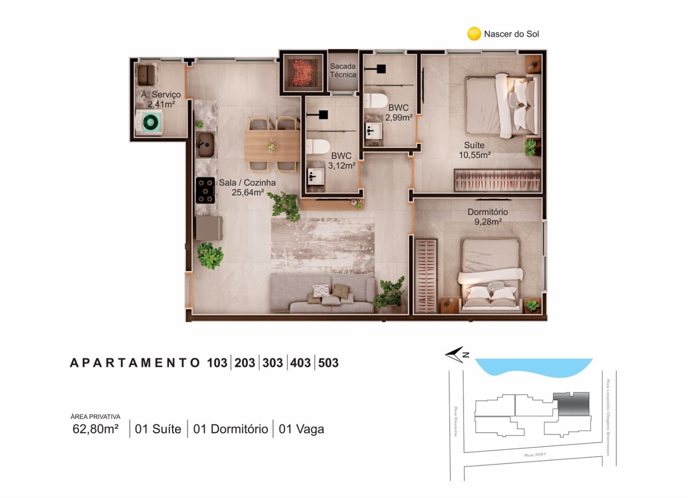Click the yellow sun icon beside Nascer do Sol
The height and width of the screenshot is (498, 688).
pos(474,33)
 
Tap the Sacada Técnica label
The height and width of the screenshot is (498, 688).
pos(343,70)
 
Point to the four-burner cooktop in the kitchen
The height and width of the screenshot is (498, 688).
pos(205,190)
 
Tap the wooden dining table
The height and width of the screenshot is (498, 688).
pos(272,146)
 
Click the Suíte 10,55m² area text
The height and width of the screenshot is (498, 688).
pos(475,150)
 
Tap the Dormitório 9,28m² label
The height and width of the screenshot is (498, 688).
pos(487,217)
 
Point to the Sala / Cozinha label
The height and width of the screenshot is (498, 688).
pos(247,187)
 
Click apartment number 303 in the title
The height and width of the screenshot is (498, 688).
pos(272,363)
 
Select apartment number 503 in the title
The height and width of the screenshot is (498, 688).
pos(328,363)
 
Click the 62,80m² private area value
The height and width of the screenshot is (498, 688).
pos(95,429)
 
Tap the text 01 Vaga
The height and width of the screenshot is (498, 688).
pos(301,429)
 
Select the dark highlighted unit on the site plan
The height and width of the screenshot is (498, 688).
pos(571,404)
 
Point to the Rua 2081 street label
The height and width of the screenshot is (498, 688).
pos(535,455)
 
